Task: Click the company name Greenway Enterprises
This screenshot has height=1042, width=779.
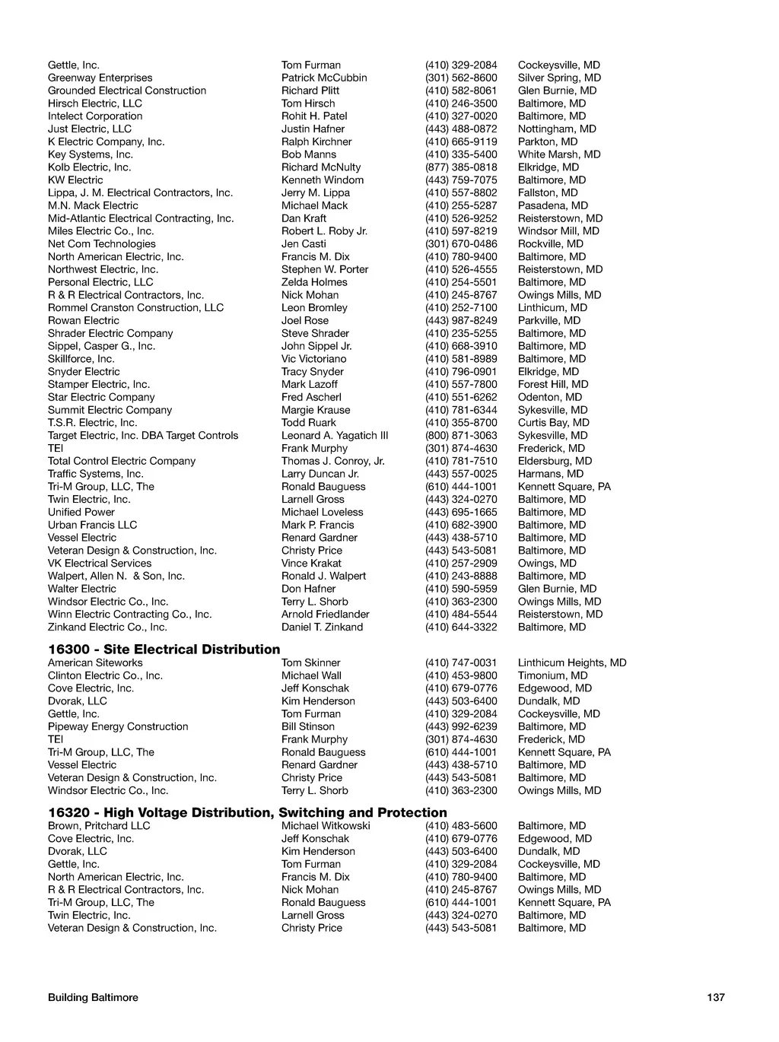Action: (100, 78)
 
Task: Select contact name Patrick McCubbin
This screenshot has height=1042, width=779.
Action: (323, 78)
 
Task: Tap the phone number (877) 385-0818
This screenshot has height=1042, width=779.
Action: (461, 167)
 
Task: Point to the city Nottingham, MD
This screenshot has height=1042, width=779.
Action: (557, 129)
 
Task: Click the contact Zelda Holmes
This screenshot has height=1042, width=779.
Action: (314, 282)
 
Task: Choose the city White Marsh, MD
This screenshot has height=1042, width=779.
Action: (559, 154)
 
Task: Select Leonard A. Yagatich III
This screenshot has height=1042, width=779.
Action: (335, 436)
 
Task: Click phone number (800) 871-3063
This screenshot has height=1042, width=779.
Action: (461, 436)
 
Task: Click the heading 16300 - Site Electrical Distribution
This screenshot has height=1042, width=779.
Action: (164, 649)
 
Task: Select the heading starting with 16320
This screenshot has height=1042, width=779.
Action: (247, 812)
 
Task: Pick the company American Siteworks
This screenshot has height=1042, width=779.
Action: (95, 662)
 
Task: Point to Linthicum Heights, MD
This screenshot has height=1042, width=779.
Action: (572, 662)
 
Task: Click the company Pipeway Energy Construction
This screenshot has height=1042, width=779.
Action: (118, 726)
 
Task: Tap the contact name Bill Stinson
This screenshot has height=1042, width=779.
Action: (307, 726)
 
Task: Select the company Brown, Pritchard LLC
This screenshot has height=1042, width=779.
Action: (99, 825)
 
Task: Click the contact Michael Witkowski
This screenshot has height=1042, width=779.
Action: (326, 825)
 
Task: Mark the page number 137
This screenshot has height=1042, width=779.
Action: (715, 997)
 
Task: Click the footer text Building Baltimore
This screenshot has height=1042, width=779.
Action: (93, 997)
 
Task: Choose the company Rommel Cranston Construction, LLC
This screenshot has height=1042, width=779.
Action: (135, 308)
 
